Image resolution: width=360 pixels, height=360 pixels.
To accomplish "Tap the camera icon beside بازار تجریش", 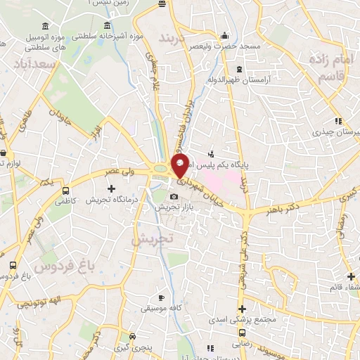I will pos(174,196).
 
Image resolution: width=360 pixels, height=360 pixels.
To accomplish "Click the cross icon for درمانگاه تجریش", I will pos(111,188).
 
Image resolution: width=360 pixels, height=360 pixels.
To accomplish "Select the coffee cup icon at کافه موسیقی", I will pos(161,297).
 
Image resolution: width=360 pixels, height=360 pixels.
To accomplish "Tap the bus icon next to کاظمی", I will pos(66,191).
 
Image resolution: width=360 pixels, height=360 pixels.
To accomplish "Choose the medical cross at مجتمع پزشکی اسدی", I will pos(242,309).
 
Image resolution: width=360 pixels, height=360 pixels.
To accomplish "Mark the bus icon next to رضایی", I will pos(242,333).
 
